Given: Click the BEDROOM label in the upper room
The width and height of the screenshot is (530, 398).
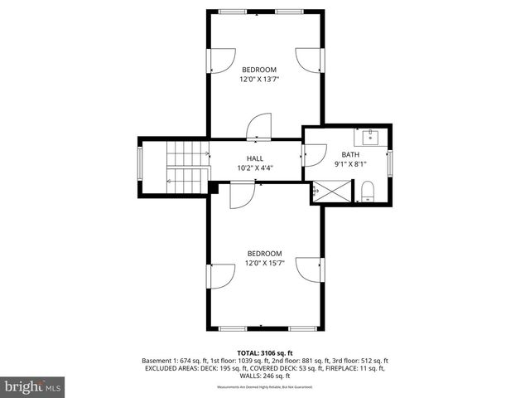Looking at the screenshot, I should click(x=258, y=70).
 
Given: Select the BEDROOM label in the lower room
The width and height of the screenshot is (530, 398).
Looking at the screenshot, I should click(x=264, y=254).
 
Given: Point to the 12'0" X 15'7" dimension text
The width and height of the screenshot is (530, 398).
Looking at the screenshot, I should click(x=264, y=264).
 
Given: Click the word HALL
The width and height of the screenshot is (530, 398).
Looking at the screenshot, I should click(x=254, y=158).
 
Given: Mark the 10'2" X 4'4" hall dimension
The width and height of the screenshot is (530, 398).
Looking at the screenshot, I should click(x=254, y=168).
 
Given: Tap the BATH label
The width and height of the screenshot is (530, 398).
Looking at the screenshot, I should click(x=351, y=154).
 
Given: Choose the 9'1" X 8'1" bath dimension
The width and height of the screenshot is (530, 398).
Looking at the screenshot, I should click(x=351, y=164).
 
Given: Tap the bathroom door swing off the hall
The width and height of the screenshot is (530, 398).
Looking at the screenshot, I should click(x=314, y=156).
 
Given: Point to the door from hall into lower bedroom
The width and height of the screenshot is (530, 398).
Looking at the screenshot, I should click(x=241, y=195).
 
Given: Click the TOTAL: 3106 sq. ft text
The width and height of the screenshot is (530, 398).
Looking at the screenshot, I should click(x=264, y=352).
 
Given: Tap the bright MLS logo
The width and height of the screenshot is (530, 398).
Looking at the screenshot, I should click(x=33, y=386).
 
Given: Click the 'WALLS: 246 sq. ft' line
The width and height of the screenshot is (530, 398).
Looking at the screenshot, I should click(x=264, y=376).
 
